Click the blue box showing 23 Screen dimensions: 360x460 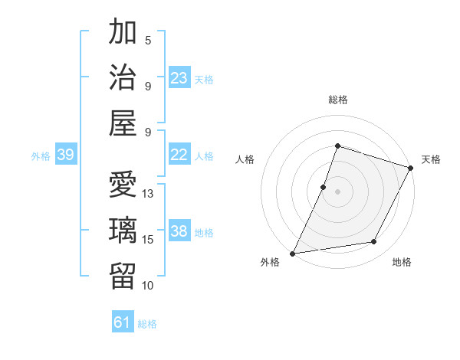[179, 78]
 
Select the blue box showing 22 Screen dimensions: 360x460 [179, 155]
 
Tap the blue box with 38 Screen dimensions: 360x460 [179, 231]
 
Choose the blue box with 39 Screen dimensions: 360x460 [65, 155]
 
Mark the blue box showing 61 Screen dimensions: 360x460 [123, 322]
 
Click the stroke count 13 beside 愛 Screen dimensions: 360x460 [149, 194]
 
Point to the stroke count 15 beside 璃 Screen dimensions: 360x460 [149, 240]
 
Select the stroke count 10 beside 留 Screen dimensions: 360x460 [149, 286]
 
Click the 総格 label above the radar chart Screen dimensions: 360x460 [338, 100]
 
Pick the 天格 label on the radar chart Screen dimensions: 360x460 [431, 159]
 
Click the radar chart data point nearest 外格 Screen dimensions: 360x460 [293, 253]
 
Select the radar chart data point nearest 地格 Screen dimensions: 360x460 [374, 242]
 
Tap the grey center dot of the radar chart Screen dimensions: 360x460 [337, 191]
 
